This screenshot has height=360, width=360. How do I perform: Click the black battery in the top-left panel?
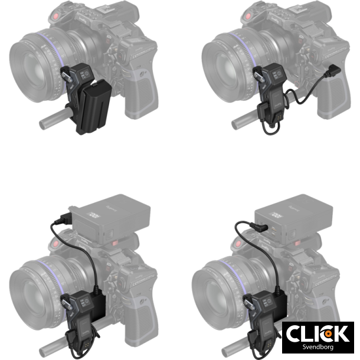click(94, 106)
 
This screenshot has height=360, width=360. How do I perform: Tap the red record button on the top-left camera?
click(55, 17)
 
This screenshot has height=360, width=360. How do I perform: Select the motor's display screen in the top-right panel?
click(277, 74)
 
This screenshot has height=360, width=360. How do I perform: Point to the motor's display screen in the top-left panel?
click(84, 74)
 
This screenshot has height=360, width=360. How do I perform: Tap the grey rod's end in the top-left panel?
click(42, 125)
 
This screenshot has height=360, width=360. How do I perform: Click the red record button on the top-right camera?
click(248, 17)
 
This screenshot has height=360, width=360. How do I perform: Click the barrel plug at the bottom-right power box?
click(259, 227)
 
